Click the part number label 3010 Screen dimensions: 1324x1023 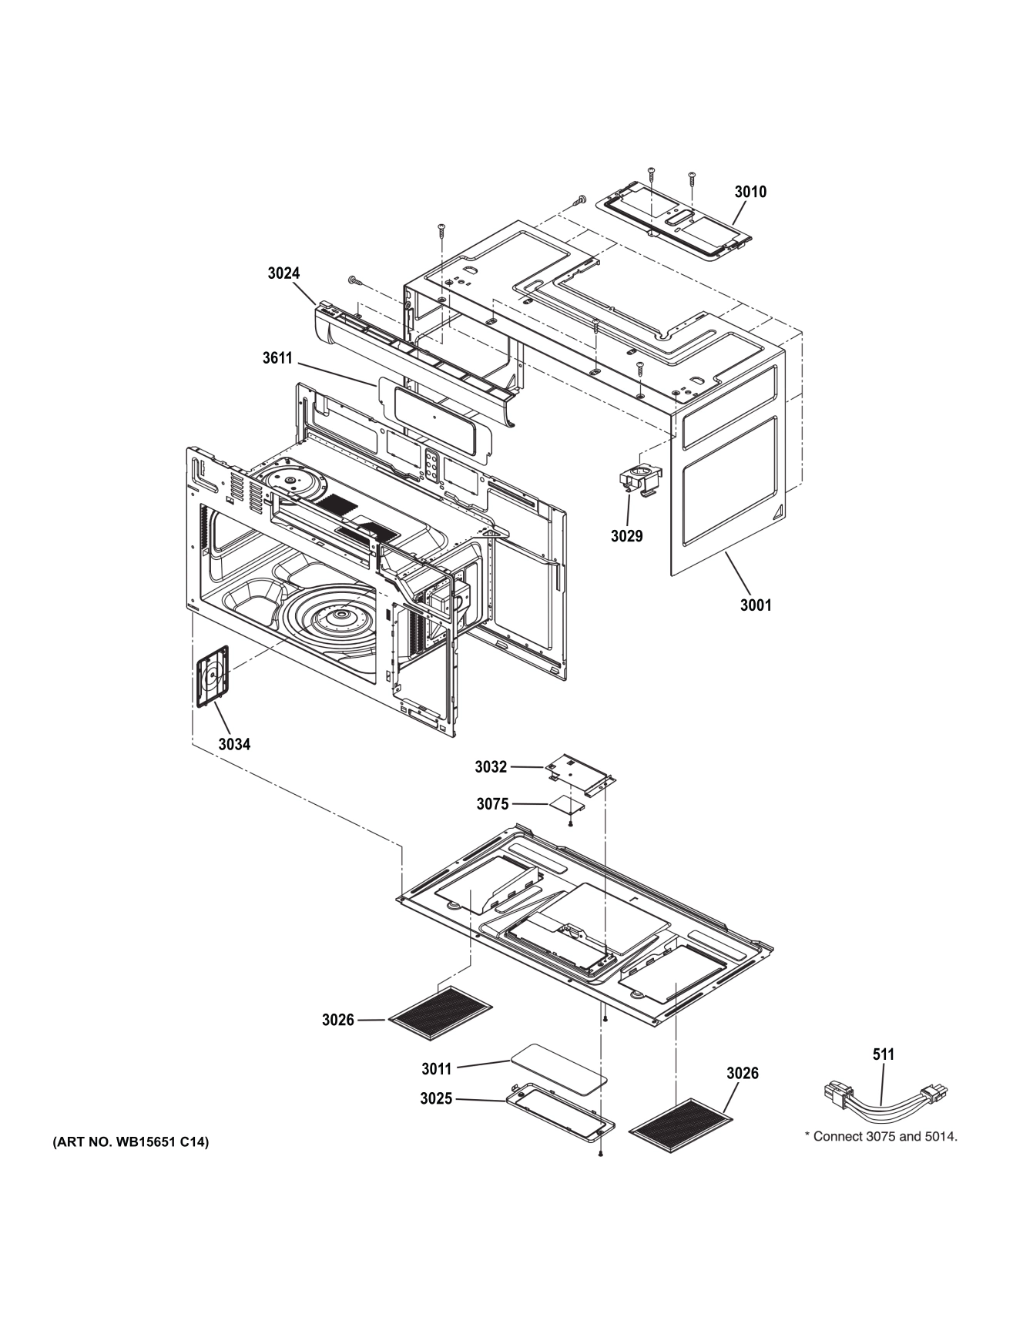point(750,192)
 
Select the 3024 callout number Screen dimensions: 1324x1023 point(283,273)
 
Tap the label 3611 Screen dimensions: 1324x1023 point(277,357)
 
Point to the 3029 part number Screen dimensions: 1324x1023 point(626,536)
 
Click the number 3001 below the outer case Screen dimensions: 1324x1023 point(755,605)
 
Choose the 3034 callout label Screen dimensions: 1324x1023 point(233,744)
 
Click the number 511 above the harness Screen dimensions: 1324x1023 point(883,1054)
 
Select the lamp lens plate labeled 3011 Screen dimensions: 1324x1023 point(555,1068)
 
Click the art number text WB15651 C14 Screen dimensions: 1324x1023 point(130,1142)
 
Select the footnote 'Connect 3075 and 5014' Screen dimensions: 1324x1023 point(880,1136)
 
